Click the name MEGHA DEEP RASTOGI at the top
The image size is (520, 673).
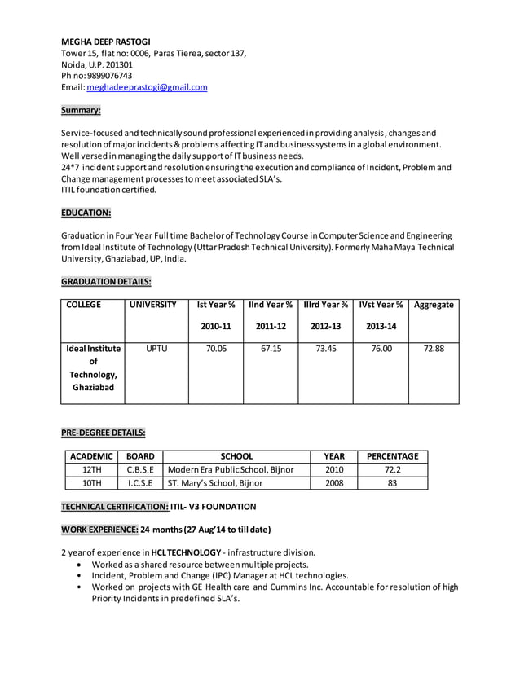click(x=111, y=42)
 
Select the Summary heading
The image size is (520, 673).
click(x=81, y=110)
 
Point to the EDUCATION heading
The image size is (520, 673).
click(x=86, y=213)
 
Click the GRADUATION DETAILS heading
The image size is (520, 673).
click(x=106, y=282)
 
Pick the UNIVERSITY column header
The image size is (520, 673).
click(x=153, y=305)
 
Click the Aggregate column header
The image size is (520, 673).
click(x=434, y=305)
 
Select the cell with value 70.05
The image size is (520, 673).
click(x=216, y=349)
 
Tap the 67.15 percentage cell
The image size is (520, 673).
click(x=270, y=349)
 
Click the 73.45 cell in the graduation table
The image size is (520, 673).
click(x=324, y=349)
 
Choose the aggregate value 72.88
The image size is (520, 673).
click(x=434, y=349)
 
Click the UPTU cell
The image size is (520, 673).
click(x=156, y=349)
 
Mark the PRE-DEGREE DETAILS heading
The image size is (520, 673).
click(x=104, y=433)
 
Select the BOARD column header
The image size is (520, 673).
click(x=140, y=456)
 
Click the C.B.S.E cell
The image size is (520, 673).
click(x=140, y=470)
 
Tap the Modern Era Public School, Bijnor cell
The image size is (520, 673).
click(x=230, y=470)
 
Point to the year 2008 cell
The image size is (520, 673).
click(x=334, y=483)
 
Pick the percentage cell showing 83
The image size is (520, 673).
click(x=392, y=483)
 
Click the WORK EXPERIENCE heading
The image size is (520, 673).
click(x=99, y=530)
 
